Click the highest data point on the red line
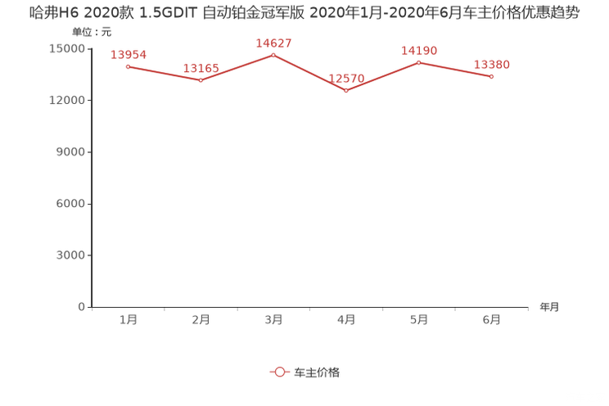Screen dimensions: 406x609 pyautogui.click(x=273, y=54)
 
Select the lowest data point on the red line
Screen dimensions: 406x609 pyautogui.click(x=346, y=89)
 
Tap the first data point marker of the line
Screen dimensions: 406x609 pyautogui.click(x=128, y=65)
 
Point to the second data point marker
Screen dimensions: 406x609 pyautogui.click(x=200, y=79)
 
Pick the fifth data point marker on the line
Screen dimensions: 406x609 pyautogui.click(x=419, y=62)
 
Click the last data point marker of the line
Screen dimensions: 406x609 pyautogui.click(x=491, y=76)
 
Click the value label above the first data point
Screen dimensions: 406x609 pyautogui.click(x=128, y=54)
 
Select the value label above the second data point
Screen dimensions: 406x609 pyautogui.click(x=201, y=67)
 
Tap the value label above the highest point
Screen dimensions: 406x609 pyautogui.click(x=273, y=43)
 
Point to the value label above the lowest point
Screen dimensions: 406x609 pyautogui.click(x=346, y=78)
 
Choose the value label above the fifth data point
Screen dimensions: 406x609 pyautogui.click(x=420, y=50)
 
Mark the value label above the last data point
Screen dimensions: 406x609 pyautogui.click(x=492, y=64)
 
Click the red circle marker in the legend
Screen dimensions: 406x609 pyautogui.click(x=280, y=372)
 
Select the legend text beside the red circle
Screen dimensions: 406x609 pyautogui.click(x=317, y=372)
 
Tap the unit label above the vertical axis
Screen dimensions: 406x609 pyautogui.click(x=92, y=32)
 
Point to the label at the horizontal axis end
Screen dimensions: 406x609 pyautogui.click(x=549, y=308)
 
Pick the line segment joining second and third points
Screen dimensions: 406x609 pyautogui.click(x=237, y=67)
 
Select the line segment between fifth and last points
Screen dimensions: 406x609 pyautogui.click(x=455, y=70)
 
